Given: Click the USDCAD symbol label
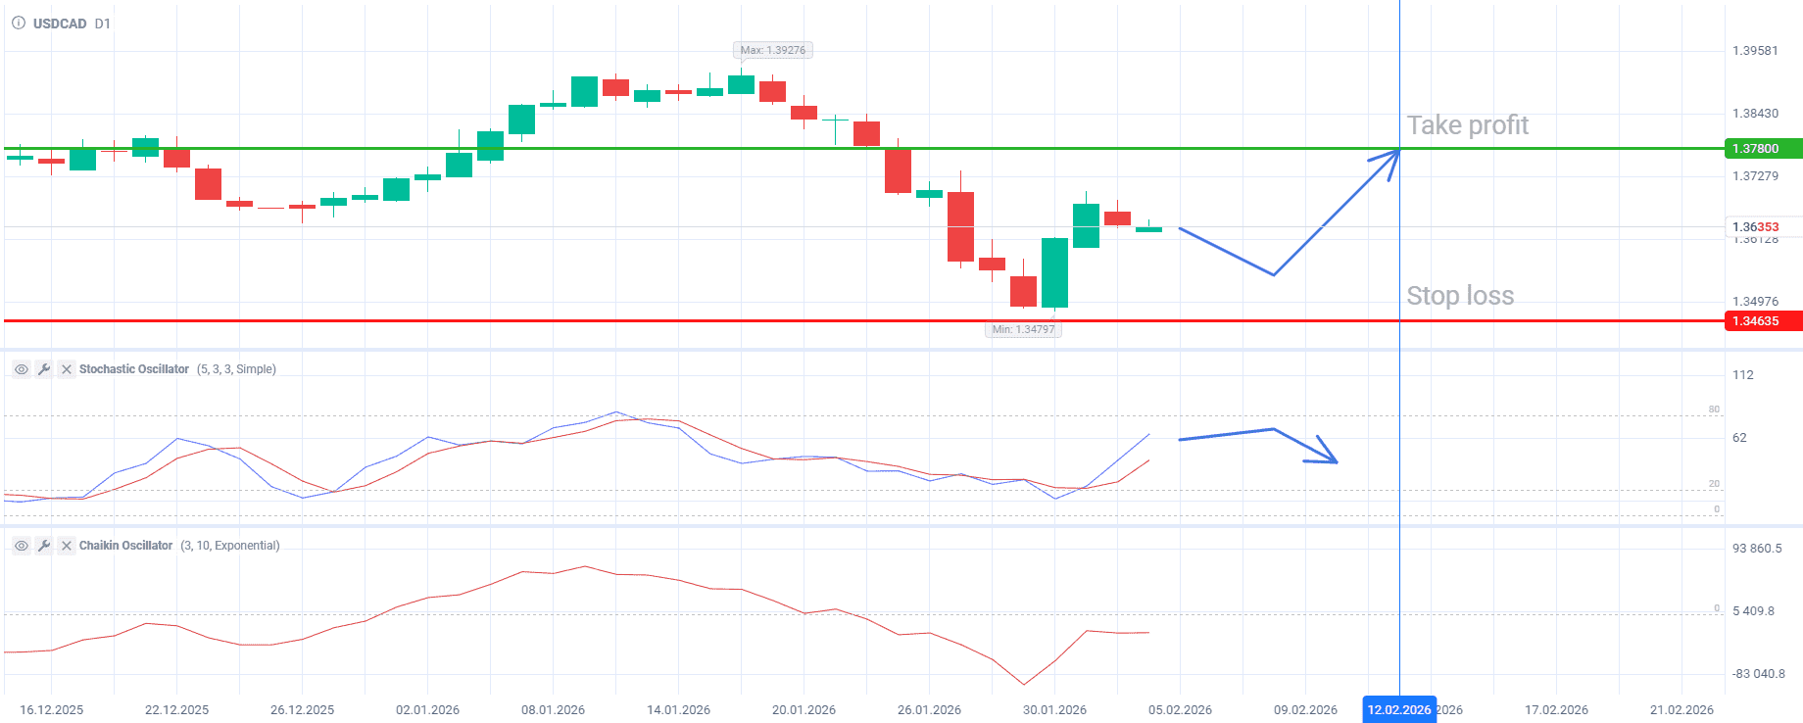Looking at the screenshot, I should tap(60, 24).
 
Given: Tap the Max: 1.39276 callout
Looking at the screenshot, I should tap(772, 50).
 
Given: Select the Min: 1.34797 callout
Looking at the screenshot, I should tap(1023, 329).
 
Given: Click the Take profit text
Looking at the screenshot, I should tap(1467, 125).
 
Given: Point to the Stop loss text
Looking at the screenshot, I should tap(1460, 296).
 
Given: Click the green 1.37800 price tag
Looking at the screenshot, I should tap(1762, 149).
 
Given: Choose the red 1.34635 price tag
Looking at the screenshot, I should tap(1762, 321).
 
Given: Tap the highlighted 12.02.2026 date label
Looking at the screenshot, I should tap(1398, 710).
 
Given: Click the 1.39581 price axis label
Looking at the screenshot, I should tap(1755, 51).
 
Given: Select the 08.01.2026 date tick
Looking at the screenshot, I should tap(553, 710).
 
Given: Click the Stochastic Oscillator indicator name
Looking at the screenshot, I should tap(134, 369).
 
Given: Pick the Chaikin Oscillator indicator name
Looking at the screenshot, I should tap(125, 546).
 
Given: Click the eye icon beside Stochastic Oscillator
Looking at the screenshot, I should tap(21, 369).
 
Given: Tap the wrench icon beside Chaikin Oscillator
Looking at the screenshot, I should tap(44, 546).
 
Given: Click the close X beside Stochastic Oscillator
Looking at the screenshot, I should tap(67, 369).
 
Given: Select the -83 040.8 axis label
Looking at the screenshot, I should tap(1758, 674).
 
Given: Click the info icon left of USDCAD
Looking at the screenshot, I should tap(18, 24).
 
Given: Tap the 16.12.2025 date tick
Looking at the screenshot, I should tap(51, 710).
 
